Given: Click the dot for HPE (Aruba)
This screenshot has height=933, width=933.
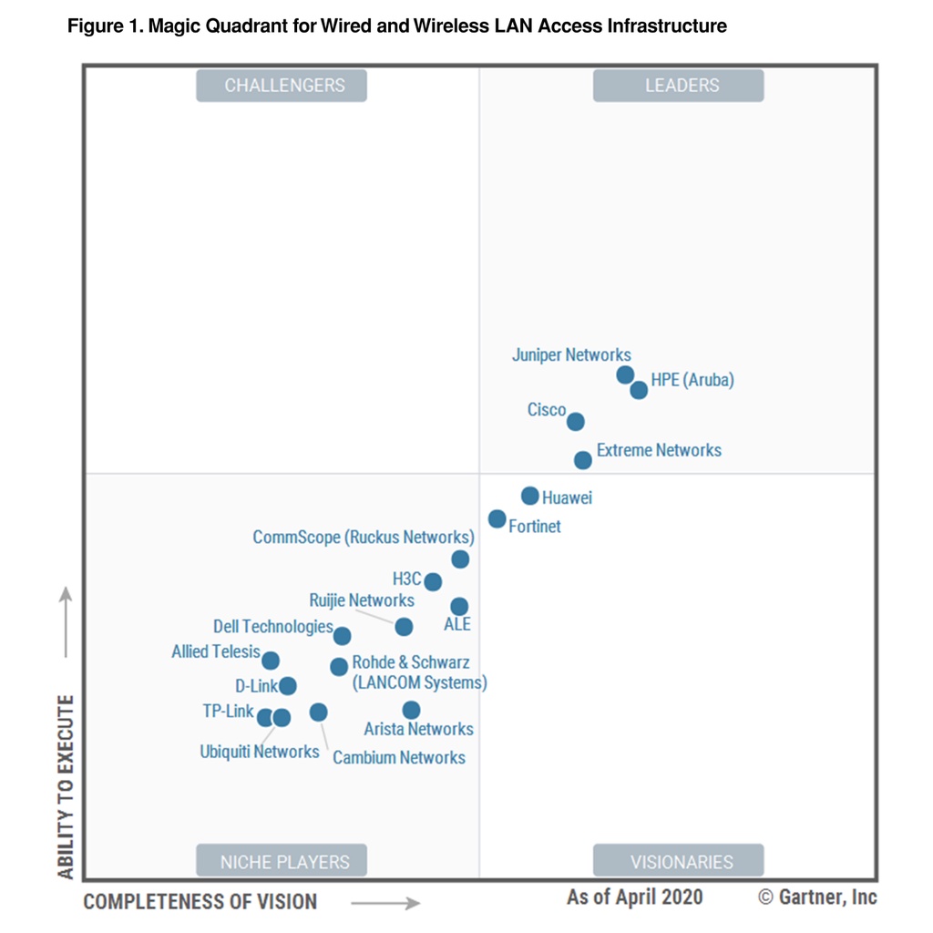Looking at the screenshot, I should (639, 390).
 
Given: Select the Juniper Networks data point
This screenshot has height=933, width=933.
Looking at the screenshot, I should (625, 374).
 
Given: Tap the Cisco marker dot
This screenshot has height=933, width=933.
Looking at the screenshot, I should (575, 422).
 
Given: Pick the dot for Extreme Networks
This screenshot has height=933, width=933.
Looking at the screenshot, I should (583, 460).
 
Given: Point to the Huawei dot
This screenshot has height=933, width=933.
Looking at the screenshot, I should (529, 496).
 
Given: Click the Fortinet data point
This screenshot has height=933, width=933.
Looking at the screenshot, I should (497, 518).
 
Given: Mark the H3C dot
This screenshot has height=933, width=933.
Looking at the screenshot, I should (433, 581).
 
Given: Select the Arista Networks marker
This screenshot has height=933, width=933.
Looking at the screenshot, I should (411, 710).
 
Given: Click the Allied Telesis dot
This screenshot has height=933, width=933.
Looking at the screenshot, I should (271, 661).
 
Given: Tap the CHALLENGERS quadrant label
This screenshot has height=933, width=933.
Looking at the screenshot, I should (282, 86).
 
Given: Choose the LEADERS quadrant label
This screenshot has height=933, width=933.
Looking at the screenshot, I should (679, 86).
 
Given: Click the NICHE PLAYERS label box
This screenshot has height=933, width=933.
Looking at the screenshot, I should (282, 861).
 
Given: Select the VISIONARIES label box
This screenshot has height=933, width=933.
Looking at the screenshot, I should (679, 861).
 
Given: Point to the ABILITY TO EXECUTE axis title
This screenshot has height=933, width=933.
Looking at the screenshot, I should (67, 787).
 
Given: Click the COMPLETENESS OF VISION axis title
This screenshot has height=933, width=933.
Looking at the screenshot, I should (200, 902).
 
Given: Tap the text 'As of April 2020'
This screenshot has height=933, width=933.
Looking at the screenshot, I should (634, 897).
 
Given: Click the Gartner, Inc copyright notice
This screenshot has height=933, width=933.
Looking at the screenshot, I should (818, 897).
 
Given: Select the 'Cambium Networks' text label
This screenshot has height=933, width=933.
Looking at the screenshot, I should (399, 757).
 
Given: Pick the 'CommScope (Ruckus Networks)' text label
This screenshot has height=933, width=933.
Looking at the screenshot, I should (364, 537).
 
